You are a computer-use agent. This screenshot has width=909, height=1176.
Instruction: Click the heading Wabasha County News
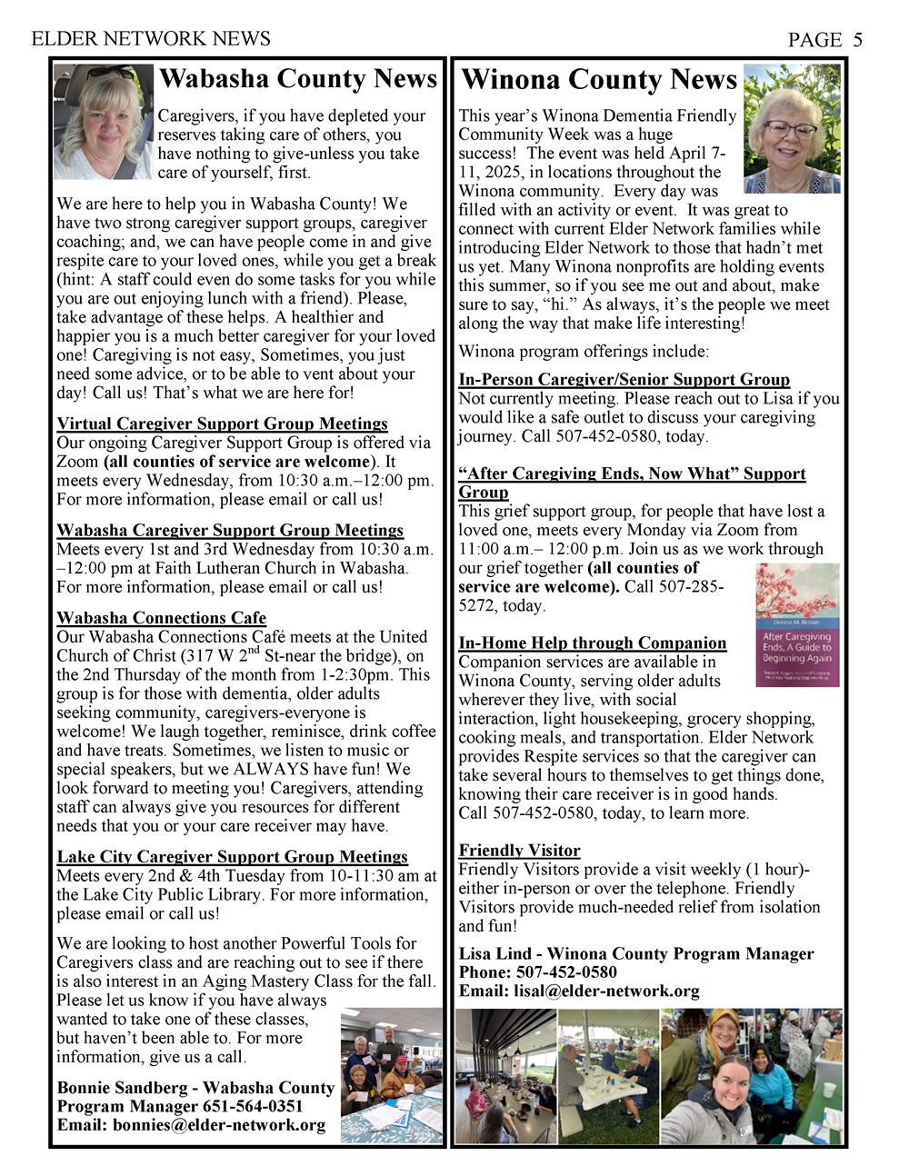coord(298,79)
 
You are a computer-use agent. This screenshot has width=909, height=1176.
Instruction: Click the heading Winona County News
coord(599,80)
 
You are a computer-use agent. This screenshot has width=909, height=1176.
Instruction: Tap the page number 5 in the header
coord(857,39)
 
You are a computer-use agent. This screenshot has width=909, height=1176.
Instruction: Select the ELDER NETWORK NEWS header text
coord(151,38)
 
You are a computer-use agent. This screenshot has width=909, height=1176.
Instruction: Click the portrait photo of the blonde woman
coord(104,122)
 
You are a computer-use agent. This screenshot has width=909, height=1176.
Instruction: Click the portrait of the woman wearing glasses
coord(792,129)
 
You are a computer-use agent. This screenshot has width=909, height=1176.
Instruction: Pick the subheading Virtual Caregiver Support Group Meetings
coord(222,424)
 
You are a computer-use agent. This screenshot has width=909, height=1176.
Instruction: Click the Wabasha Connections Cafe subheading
coord(161,618)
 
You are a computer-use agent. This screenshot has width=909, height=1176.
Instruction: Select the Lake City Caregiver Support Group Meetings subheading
coord(232,856)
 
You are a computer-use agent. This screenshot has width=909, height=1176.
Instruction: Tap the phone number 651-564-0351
coord(260,1106)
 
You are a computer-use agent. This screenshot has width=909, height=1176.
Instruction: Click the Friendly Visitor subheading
coord(519,851)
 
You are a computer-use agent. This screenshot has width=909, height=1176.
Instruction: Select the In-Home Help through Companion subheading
coord(592,643)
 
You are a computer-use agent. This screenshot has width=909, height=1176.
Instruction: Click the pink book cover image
coord(797,624)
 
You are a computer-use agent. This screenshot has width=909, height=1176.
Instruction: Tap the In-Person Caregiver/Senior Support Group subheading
coord(624,380)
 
